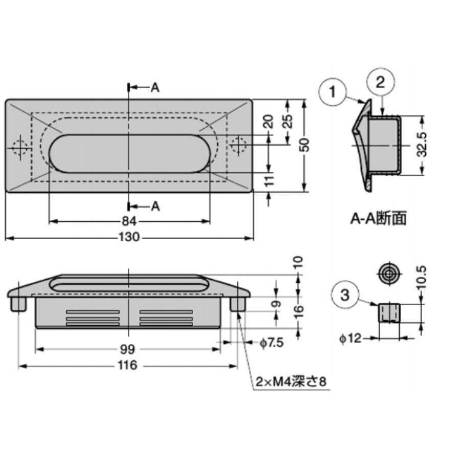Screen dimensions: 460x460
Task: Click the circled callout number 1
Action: tap(332, 92)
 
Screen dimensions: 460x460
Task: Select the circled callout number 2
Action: tap(380, 82)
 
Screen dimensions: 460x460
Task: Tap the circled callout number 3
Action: tap(344, 294)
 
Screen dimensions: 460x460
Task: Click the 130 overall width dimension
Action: tap(129, 237)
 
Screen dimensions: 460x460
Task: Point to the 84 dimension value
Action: tap(129, 221)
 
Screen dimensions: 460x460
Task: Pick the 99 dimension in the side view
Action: tap(128, 350)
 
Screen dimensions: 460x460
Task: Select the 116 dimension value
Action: tap(128, 365)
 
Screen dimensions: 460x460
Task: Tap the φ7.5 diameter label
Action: tap(272, 342)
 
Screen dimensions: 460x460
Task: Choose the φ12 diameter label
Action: tap(350, 338)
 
